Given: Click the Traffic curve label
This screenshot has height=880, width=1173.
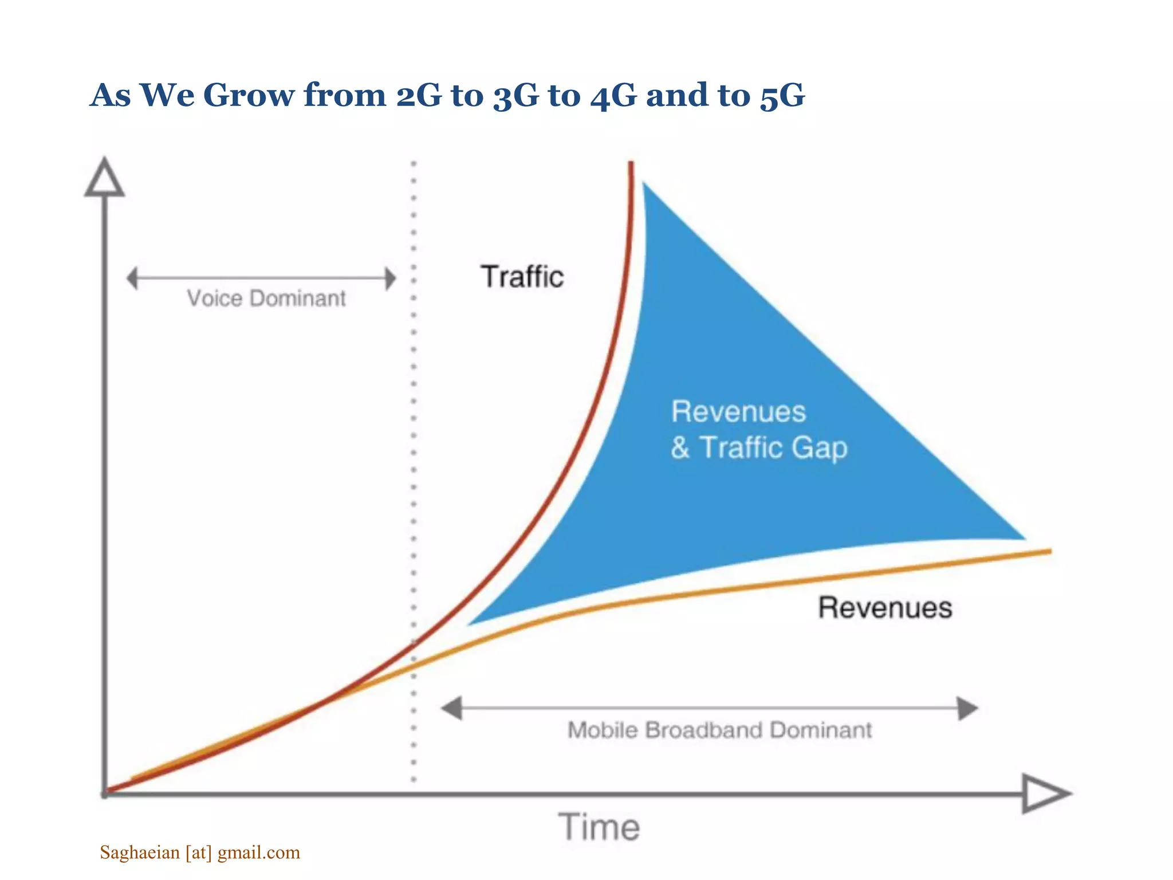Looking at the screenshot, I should click(522, 277).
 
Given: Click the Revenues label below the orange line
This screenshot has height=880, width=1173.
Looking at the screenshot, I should click(884, 608).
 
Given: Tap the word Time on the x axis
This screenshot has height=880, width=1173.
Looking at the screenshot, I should click(599, 827).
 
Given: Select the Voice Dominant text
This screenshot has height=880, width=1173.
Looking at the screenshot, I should click(266, 298).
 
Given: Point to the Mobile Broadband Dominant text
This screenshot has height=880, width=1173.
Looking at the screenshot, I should click(719, 730).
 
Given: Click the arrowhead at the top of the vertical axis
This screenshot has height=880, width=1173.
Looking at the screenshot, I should click(104, 178).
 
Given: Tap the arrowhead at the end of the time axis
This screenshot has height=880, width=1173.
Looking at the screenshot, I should click(1045, 794).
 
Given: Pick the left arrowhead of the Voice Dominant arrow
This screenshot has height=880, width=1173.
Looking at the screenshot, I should click(132, 278).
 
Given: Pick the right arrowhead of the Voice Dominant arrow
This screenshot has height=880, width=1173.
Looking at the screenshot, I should click(390, 278).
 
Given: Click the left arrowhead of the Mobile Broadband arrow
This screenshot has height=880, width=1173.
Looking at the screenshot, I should click(452, 708).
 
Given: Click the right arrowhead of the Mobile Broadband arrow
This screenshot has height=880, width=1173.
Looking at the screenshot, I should click(968, 708).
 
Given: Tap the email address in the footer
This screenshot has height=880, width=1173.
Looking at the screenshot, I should click(200, 852).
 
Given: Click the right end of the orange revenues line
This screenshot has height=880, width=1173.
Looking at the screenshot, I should click(1049, 551).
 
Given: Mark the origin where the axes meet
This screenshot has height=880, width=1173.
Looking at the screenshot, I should click(105, 794).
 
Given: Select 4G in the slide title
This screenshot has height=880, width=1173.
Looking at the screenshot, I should click(613, 95).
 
